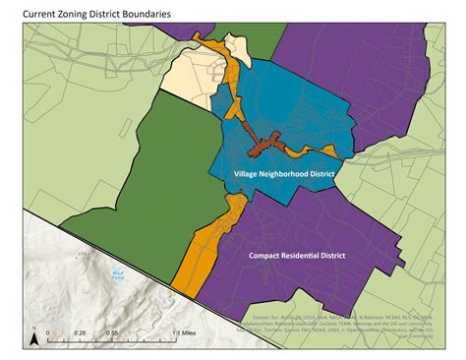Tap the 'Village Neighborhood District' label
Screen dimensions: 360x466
coord(284,173)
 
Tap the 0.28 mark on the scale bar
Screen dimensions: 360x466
coord(81,333)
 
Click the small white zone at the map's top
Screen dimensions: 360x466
coord(236,44)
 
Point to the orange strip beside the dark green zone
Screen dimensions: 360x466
coord(206,246)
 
